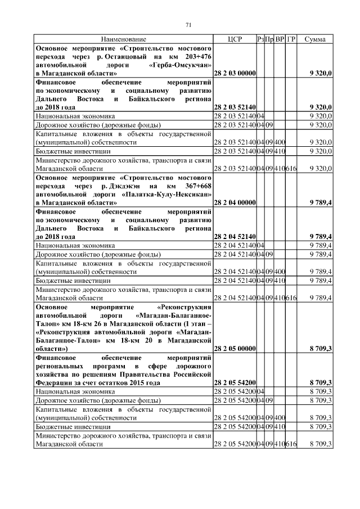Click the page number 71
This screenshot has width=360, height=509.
point(189,24)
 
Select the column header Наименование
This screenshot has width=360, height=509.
point(124,39)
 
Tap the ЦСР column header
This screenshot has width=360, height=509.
point(235,39)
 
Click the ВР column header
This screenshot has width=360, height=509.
point(280,39)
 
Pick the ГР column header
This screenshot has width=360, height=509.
point(291,39)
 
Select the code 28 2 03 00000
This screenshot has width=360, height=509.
point(235,74)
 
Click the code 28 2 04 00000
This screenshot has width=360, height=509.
point(235,203)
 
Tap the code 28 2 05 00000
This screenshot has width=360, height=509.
point(235,349)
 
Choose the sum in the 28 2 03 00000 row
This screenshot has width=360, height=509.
point(321,74)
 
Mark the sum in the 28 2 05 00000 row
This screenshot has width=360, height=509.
point(321,349)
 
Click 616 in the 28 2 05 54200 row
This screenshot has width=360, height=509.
point(291,445)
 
